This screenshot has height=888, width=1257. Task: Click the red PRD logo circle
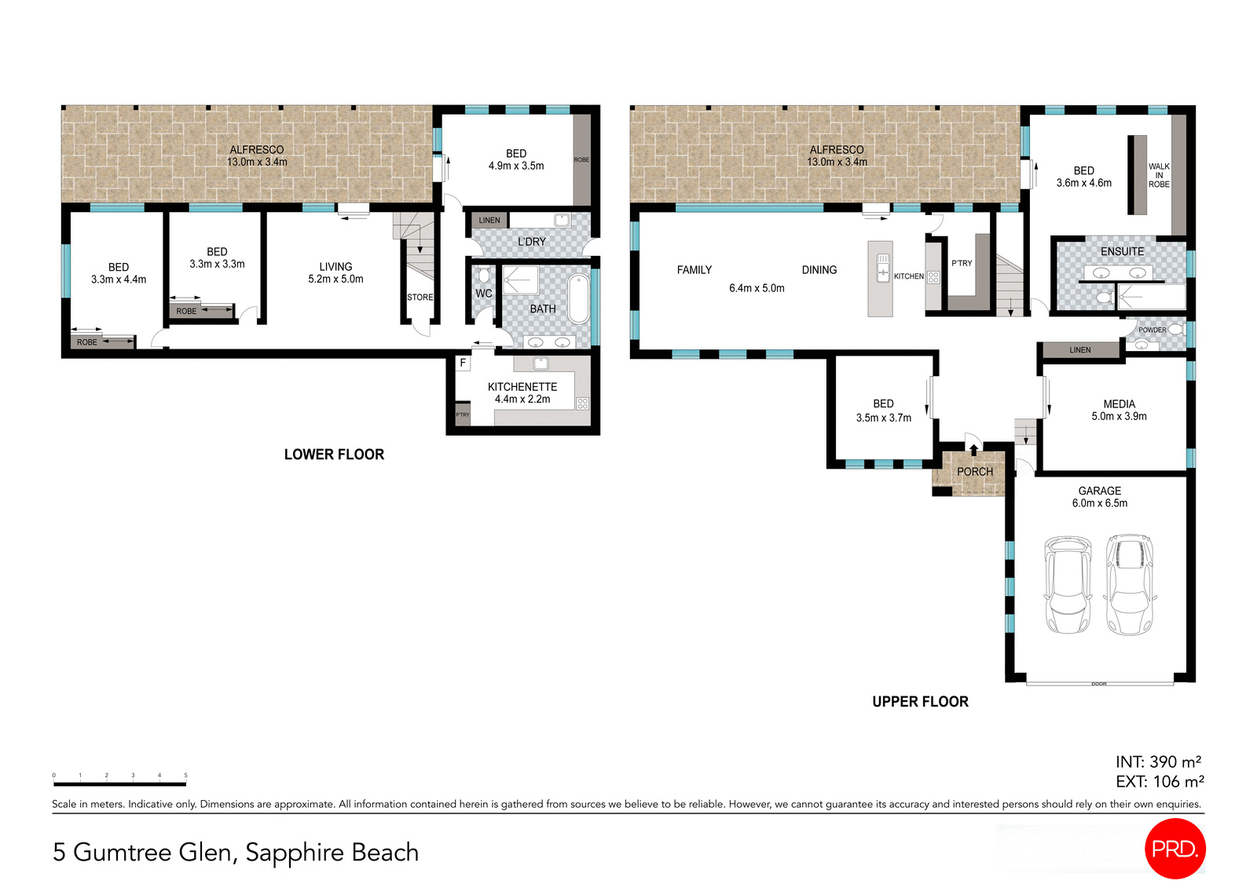click(1175, 848)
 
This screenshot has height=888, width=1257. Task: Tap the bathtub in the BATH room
click(578, 298)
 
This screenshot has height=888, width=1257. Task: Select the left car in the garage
click(1067, 585)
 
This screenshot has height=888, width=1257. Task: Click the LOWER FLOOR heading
click(334, 455)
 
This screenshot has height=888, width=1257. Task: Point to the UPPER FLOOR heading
click(920, 702)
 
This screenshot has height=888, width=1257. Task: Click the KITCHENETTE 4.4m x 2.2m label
click(522, 393)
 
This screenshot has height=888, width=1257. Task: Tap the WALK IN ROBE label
click(1159, 175)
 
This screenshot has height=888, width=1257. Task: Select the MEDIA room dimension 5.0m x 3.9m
click(1119, 417)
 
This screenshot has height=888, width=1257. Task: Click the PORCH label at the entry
click(975, 472)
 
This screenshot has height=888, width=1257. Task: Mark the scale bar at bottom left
click(119, 783)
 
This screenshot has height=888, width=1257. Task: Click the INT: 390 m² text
click(1158, 762)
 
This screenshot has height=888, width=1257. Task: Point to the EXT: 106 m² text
click(1160, 782)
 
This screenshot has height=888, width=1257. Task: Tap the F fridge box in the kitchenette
click(463, 363)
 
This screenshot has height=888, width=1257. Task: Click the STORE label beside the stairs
click(420, 298)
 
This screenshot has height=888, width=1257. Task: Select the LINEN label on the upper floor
click(1079, 350)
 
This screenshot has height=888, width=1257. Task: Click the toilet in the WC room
click(484, 275)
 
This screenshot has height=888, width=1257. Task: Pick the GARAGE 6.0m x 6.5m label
click(1099, 497)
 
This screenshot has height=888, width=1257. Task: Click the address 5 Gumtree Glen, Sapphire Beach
click(236, 853)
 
